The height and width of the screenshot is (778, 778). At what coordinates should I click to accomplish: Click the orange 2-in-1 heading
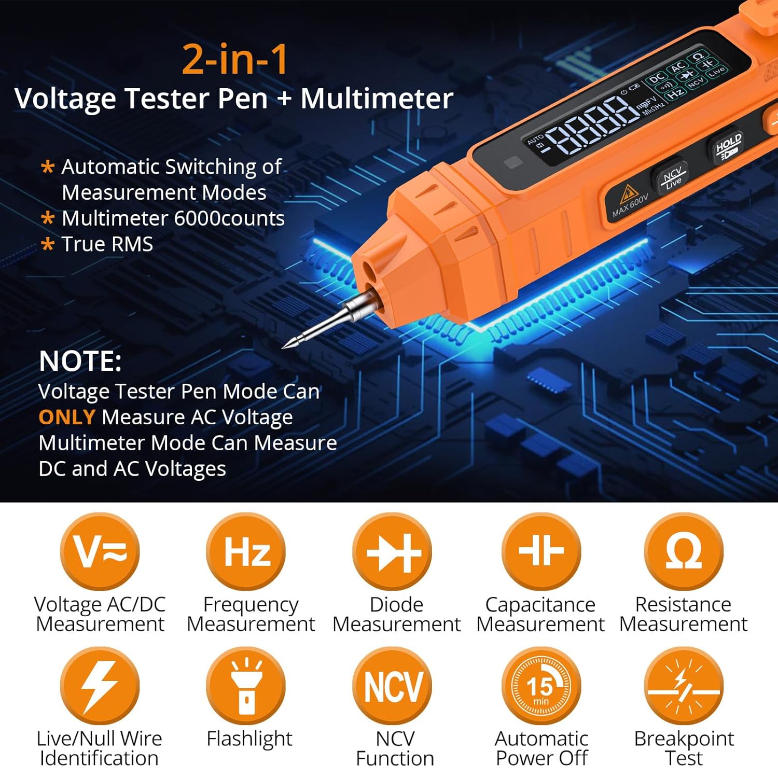235,59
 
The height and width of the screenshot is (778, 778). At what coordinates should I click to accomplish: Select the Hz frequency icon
246,551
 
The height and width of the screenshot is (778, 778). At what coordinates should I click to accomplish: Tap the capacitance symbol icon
540,551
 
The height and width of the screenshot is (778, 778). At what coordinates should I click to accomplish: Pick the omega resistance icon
684,551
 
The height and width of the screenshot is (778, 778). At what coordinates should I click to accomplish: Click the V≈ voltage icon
100,551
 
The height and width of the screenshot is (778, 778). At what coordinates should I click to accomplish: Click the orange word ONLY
67,418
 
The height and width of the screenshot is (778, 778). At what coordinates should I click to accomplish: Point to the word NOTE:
80,361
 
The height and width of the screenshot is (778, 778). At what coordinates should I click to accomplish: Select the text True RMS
107,244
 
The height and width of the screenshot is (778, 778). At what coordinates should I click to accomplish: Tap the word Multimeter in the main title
377,99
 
